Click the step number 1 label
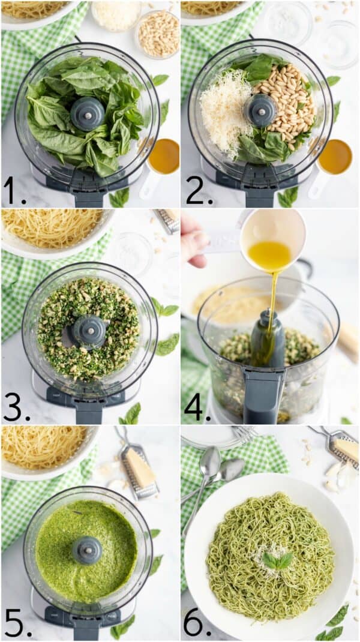click(13, 191)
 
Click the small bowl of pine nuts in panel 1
click(158, 34)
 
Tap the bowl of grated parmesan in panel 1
click(116, 14)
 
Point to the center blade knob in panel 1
click(88, 113)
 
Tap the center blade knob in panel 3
click(89, 330)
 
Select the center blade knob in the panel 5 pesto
click(88, 550)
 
